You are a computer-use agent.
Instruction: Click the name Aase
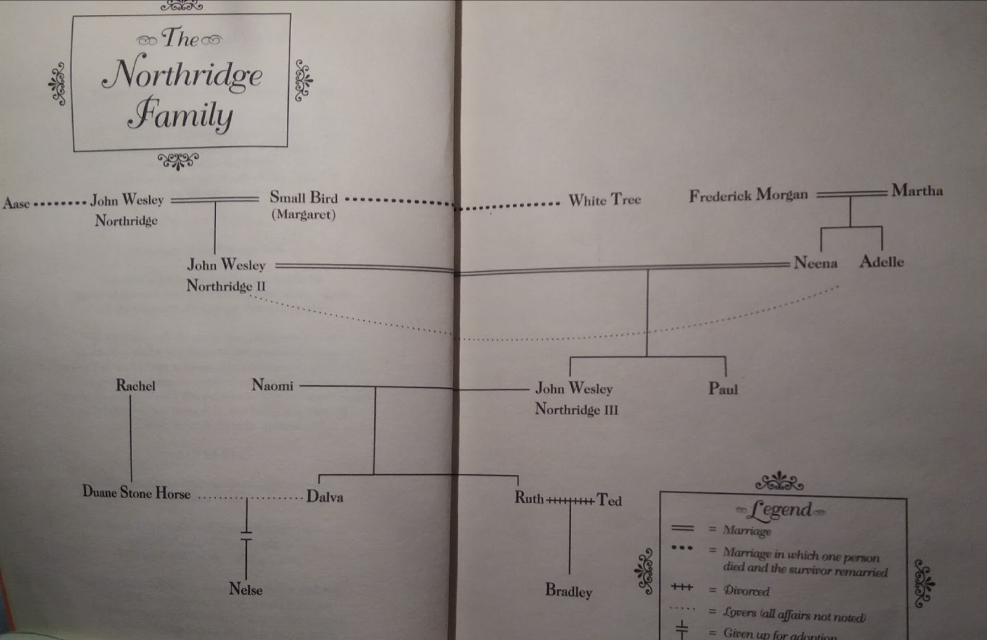pos(16,203)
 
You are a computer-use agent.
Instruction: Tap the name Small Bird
pos(304,197)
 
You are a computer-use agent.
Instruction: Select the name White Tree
pos(605,200)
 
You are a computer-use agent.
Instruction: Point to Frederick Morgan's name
pos(748,195)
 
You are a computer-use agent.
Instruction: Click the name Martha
pos(917,191)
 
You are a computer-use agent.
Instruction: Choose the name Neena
pos(815,263)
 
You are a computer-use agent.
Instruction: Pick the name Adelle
pos(882,261)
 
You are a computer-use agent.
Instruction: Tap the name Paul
pos(722,389)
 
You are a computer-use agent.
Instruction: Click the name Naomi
pos(272,385)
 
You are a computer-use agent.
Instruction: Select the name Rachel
pos(136,386)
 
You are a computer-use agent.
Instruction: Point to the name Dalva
pos(324,497)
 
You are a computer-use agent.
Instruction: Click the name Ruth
pos(529,498)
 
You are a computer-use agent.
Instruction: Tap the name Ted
pos(609,500)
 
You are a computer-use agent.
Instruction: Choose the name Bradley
pos(568,591)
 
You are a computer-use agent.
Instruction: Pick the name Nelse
pos(246,589)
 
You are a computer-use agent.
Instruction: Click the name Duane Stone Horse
pos(136,493)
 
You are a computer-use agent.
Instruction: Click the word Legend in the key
pos(780,509)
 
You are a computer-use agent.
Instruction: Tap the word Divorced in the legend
pos(746,591)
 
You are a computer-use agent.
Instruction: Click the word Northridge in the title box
pos(183,74)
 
